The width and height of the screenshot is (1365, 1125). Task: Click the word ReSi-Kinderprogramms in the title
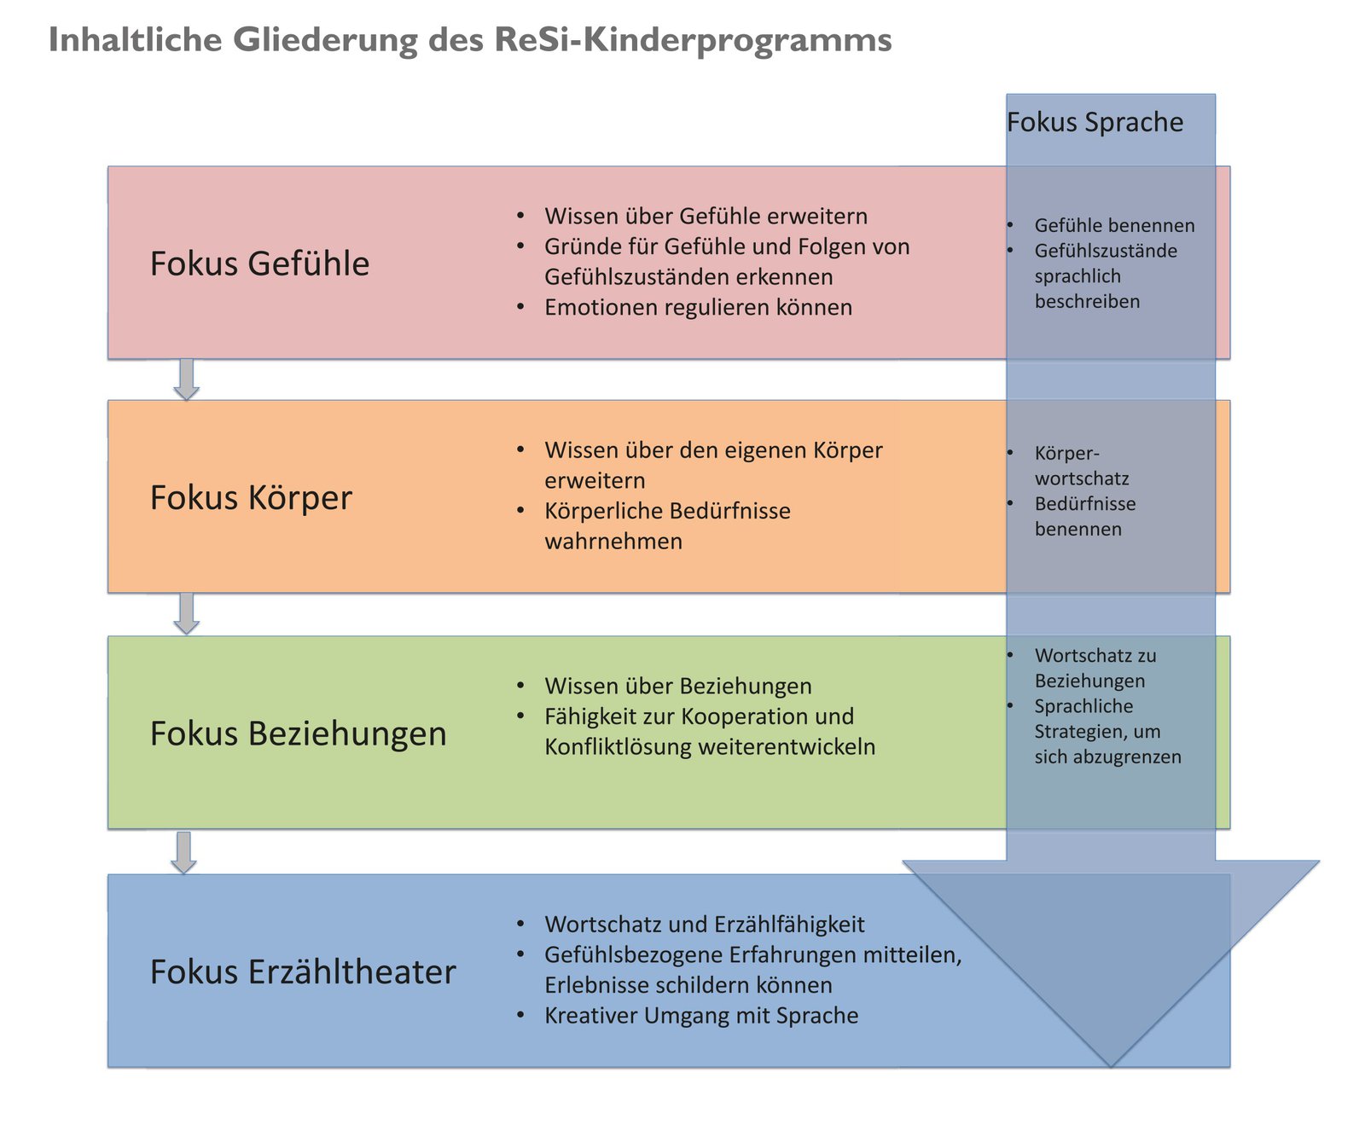(x=692, y=40)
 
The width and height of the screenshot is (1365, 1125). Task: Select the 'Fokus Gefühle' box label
(x=259, y=264)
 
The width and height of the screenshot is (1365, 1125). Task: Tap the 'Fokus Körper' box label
(x=251, y=498)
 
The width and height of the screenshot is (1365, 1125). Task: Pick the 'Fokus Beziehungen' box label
(x=298, y=734)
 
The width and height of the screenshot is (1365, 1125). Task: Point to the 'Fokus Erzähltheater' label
(x=303, y=972)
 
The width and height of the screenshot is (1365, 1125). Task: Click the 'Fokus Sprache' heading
(x=1095, y=123)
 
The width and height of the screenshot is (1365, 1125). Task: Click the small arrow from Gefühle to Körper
(x=186, y=380)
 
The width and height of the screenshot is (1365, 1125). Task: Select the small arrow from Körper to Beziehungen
(x=186, y=614)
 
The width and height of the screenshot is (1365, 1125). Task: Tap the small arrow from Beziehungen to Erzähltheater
(x=183, y=852)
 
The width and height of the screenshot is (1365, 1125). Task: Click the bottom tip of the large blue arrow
(x=1111, y=1063)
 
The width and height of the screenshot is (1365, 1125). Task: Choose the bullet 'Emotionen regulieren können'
(x=698, y=307)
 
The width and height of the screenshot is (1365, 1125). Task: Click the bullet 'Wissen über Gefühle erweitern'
(x=706, y=217)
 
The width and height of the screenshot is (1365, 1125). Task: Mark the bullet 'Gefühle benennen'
(x=1114, y=226)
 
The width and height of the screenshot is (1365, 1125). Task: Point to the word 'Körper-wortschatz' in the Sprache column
(x=1082, y=466)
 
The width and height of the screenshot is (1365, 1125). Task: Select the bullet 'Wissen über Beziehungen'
(x=677, y=686)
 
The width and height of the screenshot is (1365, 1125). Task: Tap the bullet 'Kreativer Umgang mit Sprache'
(x=701, y=1016)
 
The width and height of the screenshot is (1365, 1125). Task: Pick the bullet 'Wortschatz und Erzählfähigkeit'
(x=704, y=925)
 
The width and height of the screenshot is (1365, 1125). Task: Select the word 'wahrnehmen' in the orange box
(x=613, y=542)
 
